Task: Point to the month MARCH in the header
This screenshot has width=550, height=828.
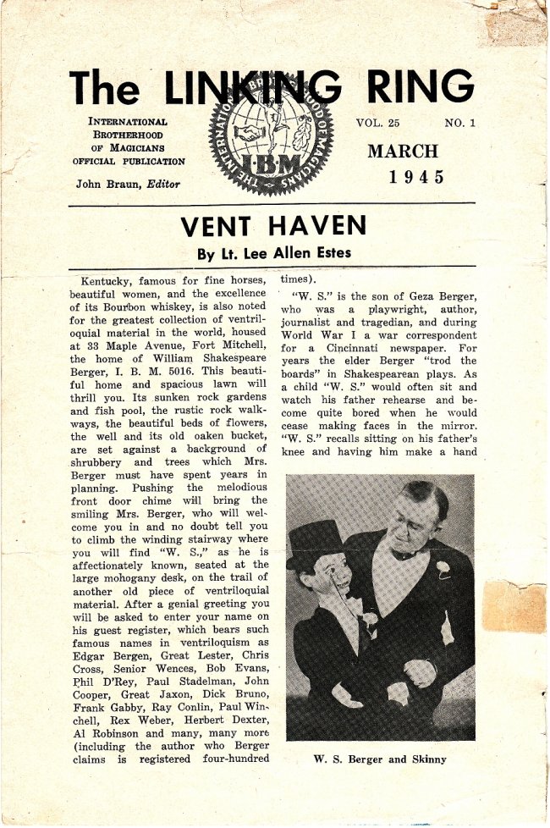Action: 403,152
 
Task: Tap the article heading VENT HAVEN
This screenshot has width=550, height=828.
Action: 273,225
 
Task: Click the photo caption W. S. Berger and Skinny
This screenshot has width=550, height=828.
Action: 379,759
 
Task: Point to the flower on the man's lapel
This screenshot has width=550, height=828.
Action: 443,569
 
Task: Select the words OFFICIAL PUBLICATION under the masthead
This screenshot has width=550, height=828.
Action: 128,161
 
